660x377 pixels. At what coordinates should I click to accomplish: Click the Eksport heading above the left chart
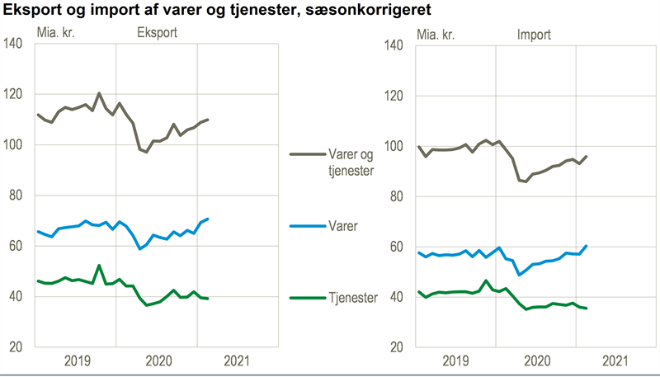pyautogui.click(x=156, y=35)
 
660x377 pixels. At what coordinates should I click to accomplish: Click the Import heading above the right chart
pyautogui.click(x=534, y=35)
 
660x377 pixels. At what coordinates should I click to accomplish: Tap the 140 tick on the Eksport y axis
pyautogui.click(x=14, y=45)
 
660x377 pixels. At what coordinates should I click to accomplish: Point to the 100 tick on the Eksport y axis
pyautogui.click(x=14, y=145)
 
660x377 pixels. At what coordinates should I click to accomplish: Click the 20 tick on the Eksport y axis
pyautogui.click(x=17, y=346)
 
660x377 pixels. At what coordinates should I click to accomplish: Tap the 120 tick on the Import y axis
pyautogui.click(x=395, y=96)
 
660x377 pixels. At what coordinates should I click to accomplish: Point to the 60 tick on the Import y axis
pyautogui.click(x=398, y=247)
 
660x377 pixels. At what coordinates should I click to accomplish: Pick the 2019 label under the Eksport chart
pyautogui.click(x=75, y=360)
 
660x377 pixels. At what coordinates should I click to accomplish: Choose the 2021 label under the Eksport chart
pyautogui.click(x=238, y=360)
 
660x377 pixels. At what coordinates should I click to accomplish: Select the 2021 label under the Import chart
pyautogui.click(x=618, y=360)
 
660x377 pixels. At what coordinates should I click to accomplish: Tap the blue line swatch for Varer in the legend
pyautogui.click(x=310, y=223)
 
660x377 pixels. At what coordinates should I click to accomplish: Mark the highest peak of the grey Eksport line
pyautogui.click(x=99, y=93)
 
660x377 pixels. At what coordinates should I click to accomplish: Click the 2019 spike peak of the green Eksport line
pyautogui.click(x=99, y=266)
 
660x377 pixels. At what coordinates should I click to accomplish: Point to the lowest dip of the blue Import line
pyautogui.click(x=519, y=275)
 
